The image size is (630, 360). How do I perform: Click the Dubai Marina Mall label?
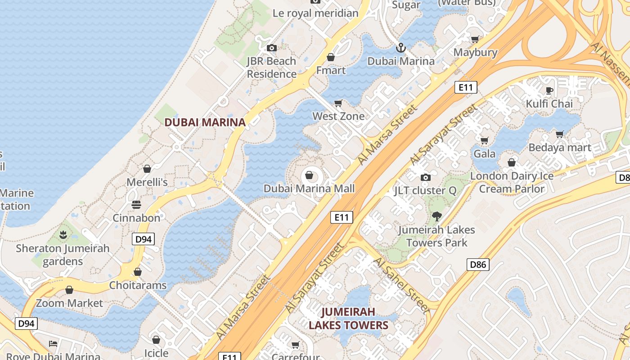point(309,189)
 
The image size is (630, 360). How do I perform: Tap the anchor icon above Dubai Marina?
point(400,47)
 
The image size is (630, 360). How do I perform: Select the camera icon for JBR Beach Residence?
point(271,48)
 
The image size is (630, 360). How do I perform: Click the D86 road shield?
point(478,264)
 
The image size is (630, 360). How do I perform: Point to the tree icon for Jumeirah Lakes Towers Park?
point(436,216)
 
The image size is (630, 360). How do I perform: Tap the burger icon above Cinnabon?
point(136,205)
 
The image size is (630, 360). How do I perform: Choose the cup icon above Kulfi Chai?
point(549,90)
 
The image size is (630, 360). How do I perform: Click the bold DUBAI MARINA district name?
point(205,122)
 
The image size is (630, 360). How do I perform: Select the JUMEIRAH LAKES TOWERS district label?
point(348,318)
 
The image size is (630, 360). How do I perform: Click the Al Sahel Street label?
point(401,285)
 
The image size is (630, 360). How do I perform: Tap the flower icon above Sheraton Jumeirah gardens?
point(63,234)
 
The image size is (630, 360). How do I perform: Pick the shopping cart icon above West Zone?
point(338,103)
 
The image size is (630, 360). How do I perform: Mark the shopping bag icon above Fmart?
point(331,57)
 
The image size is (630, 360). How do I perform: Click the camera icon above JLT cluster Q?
point(425,177)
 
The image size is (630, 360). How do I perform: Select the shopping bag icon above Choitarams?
point(138,272)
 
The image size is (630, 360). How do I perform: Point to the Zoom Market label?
point(69,303)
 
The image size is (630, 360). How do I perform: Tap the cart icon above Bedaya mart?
point(560,134)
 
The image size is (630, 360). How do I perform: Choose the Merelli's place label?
point(147,182)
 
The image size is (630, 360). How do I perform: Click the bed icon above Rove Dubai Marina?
point(53,344)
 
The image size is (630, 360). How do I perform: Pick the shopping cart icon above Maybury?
point(475,39)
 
